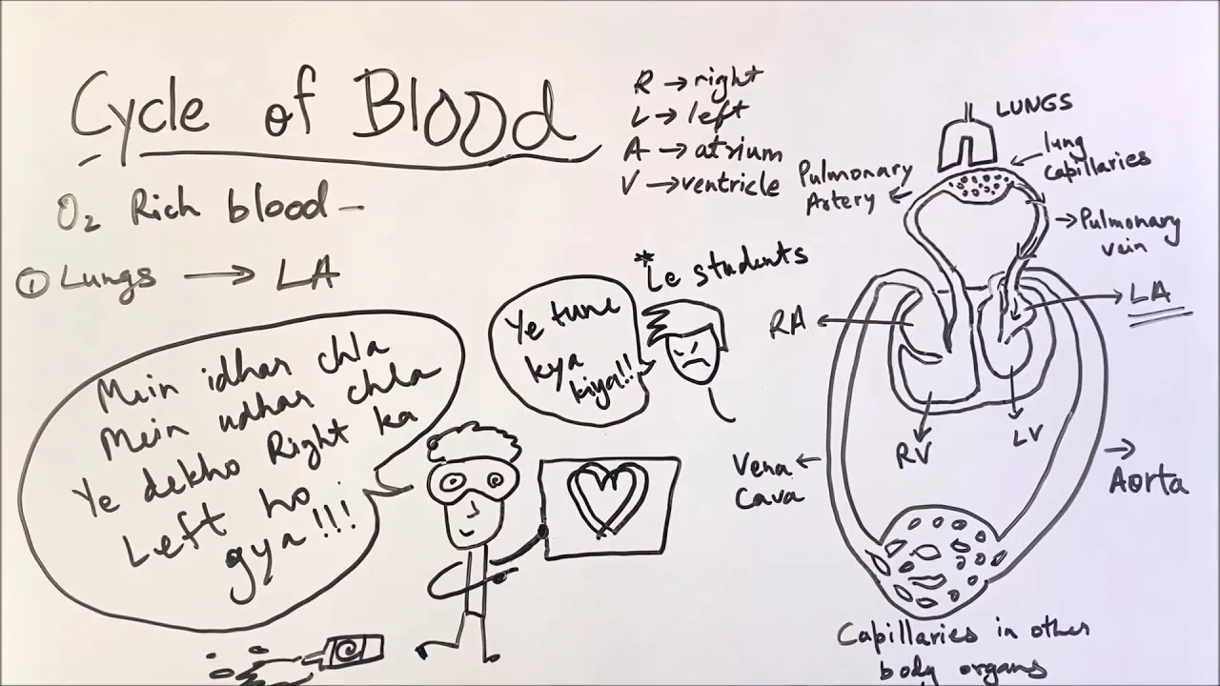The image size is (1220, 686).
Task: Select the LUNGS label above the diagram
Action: pyautogui.click(x=1034, y=105)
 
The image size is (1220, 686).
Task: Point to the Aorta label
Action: pyautogui.click(x=1149, y=481)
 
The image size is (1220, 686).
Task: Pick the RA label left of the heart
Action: pyautogui.click(x=788, y=324)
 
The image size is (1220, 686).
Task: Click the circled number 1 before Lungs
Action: pyautogui.click(x=29, y=283)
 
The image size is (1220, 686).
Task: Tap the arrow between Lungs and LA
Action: pyautogui.click(x=219, y=276)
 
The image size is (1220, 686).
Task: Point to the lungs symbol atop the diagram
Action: pyautogui.click(x=967, y=143)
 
